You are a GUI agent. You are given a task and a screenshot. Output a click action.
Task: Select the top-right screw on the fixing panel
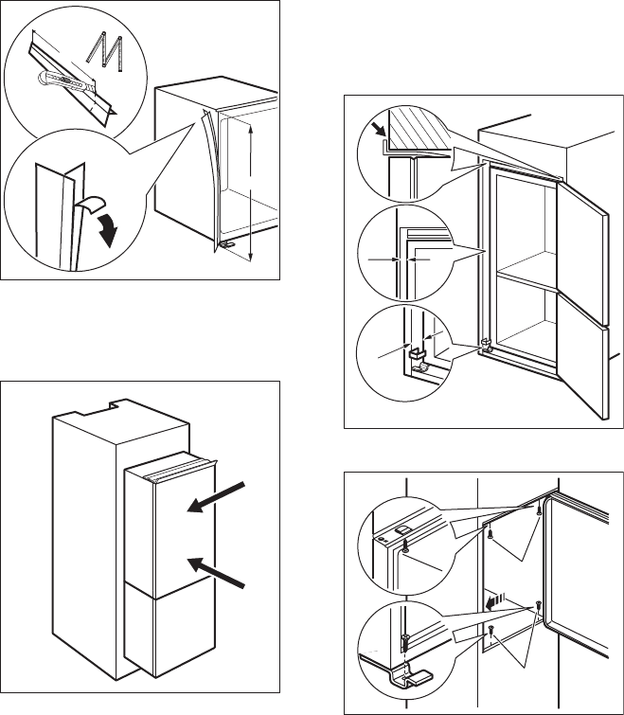(x=540, y=510)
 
